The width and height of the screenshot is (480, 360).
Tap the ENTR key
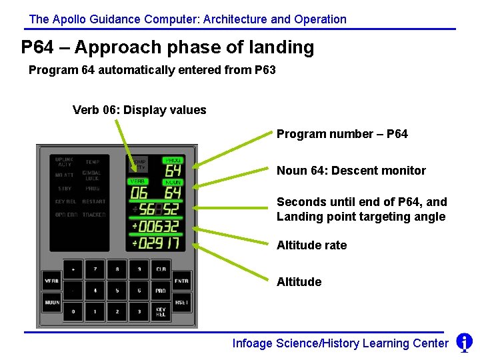pyautogui.click(x=181, y=281)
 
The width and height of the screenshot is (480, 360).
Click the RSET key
pyautogui.click(x=181, y=302)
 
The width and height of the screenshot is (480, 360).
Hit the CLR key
pyautogui.click(x=161, y=270)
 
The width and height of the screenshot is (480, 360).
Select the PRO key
pyautogui.click(x=161, y=291)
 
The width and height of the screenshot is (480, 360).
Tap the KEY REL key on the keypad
pyautogui.click(x=161, y=312)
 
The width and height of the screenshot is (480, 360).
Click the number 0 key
pyautogui.click(x=73, y=312)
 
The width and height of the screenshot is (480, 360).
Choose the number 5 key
pyautogui.click(x=117, y=291)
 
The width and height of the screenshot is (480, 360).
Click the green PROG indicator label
pyautogui.click(x=173, y=161)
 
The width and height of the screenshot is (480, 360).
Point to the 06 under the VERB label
pyautogui.click(x=139, y=193)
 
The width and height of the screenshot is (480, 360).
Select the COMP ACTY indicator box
pyautogui.click(x=139, y=164)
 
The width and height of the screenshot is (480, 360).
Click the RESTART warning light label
pyautogui.click(x=94, y=201)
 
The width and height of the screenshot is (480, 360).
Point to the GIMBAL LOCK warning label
pyautogui.click(x=92, y=175)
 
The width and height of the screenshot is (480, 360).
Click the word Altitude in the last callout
pyautogui.click(x=299, y=282)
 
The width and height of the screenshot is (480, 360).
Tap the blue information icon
pyautogui.click(x=464, y=343)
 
